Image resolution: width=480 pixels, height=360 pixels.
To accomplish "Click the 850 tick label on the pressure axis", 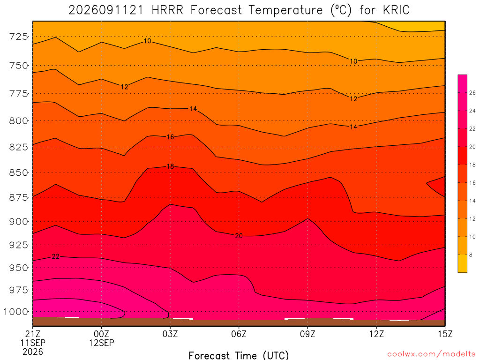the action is [x=19, y=172].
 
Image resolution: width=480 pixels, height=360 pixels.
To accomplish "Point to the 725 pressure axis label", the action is [x=19, y=37].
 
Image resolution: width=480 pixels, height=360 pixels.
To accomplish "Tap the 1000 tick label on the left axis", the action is [x=16, y=312].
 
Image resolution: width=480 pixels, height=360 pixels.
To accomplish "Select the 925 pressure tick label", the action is [x=19, y=245].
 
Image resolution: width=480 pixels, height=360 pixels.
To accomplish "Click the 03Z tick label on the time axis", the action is [x=170, y=334].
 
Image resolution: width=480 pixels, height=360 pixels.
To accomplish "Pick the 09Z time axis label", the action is [x=307, y=334].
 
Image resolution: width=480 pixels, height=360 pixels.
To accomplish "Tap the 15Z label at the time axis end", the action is [x=445, y=334].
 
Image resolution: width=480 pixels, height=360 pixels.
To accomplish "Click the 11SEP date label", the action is [x=33, y=343].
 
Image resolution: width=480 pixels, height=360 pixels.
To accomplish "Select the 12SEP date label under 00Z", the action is [x=101, y=343].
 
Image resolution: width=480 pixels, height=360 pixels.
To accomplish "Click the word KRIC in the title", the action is [x=396, y=10].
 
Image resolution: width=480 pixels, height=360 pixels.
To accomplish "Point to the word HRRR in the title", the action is [x=167, y=10].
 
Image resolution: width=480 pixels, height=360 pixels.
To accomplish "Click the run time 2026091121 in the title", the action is [x=106, y=10].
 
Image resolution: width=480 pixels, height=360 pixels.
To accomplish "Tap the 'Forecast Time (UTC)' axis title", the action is [x=239, y=355].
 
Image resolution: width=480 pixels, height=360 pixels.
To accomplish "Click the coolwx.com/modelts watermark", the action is [x=431, y=354].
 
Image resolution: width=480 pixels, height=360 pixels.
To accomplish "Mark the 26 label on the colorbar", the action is [x=472, y=93].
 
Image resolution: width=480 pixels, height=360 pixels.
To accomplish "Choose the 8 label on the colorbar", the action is [x=471, y=255].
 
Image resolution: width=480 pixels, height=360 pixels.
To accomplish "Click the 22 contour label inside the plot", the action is [x=55, y=256].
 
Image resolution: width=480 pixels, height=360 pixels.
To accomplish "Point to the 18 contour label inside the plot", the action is [x=170, y=166].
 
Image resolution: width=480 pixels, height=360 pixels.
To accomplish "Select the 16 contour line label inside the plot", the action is [x=170, y=137].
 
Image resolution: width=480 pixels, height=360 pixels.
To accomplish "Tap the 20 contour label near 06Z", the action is [x=239, y=236].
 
